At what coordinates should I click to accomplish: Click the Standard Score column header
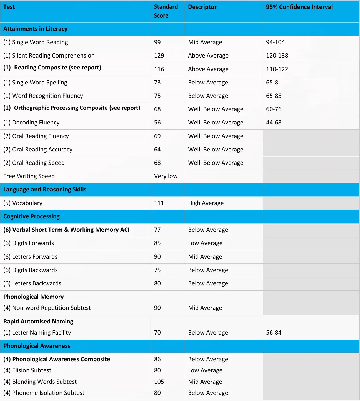[166, 11]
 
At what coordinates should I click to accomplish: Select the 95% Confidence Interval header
[299, 7]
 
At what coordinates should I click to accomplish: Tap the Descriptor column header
[202, 7]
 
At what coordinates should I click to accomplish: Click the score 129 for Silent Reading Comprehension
[159, 56]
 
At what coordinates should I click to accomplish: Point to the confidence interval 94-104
[275, 42]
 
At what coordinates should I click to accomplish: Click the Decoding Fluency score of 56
[157, 123]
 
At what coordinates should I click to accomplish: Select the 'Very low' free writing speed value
[166, 176]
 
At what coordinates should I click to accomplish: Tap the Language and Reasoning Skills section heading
[45, 190]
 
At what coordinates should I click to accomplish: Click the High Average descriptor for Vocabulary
[206, 203]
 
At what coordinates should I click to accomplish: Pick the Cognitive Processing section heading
[31, 216]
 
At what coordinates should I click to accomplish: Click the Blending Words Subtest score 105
[159, 382]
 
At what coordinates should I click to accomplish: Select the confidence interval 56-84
[274, 333]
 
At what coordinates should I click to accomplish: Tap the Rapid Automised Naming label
[38, 322]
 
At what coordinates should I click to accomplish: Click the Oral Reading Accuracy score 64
[157, 150]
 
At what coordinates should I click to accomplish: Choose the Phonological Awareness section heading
[37, 346]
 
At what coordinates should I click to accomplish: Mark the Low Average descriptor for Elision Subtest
[205, 370]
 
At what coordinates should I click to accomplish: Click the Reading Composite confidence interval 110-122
[277, 69]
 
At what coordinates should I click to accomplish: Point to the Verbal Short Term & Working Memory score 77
[157, 230]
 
